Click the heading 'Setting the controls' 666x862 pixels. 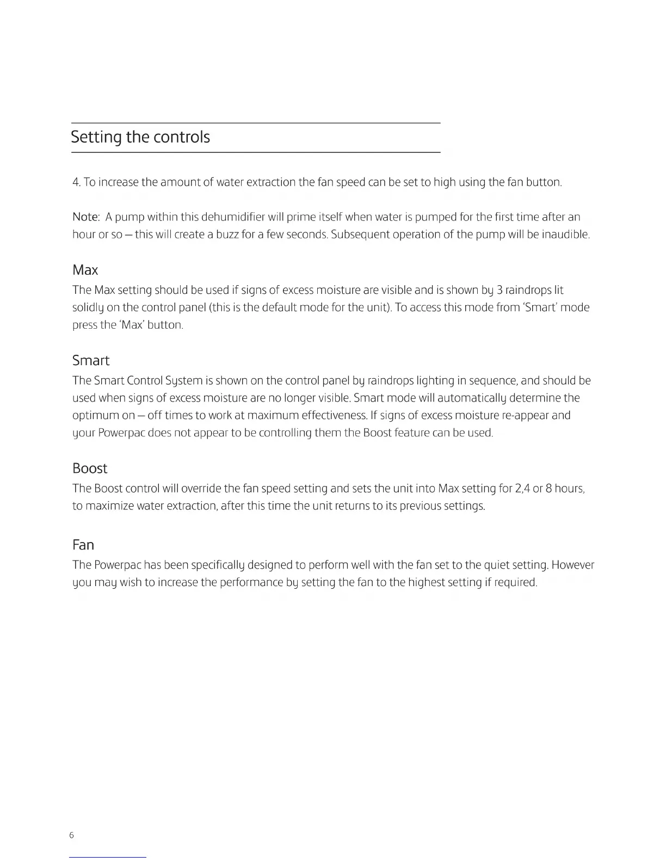click(140, 137)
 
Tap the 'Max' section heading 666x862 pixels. click(85, 270)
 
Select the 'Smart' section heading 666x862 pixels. click(91, 360)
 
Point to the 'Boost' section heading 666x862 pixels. click(90, 469)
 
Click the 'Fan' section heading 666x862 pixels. click(83, 545)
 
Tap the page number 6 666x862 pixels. click(72, 835)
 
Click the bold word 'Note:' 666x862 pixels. click(86, 217)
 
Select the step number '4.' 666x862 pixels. click(77, 182)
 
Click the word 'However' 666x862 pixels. click(573, 565)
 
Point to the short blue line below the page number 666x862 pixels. click(108, 857)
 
